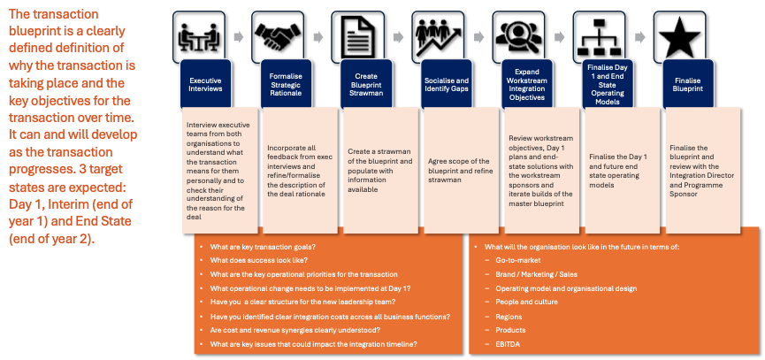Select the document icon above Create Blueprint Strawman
[x=353, y=37]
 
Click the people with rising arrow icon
[x=433, y=36]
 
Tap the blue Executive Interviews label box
[x=205, y=84]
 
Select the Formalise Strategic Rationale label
[x=286, y=84]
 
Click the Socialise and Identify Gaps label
[x=447, y=84]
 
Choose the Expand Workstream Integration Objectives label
[x=527, y=84]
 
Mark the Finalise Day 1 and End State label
[x=608, y=84]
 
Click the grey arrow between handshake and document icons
[x=318, y=37]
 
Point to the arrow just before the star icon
[x=640, y=37]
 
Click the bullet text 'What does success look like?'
[x=258, y=260]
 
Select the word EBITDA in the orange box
[x=508, y=344]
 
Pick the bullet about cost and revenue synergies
[x=295, y=330]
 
